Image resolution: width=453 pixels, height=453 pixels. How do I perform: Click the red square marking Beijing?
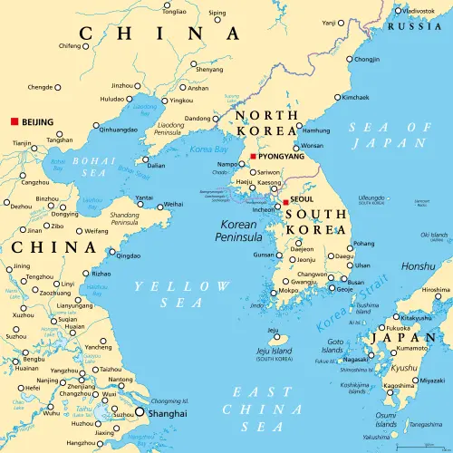point(14,120)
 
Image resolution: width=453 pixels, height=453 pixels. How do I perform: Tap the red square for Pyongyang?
point(254,155)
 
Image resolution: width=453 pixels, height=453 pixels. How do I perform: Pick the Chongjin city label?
point(367,59)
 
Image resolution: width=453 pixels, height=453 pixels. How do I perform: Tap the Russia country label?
point(414,25)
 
